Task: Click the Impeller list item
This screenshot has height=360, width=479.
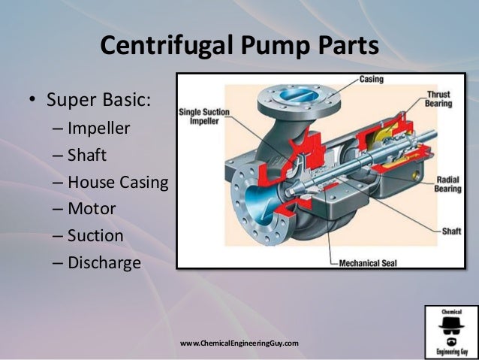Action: pos(98,128)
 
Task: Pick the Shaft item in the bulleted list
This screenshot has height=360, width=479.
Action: pos(87,155)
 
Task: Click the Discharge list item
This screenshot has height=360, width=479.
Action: pos(104,263)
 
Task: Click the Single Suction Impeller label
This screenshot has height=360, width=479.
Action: pos(203,117)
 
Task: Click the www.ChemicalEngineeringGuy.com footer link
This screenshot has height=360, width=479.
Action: pos(239,343)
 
